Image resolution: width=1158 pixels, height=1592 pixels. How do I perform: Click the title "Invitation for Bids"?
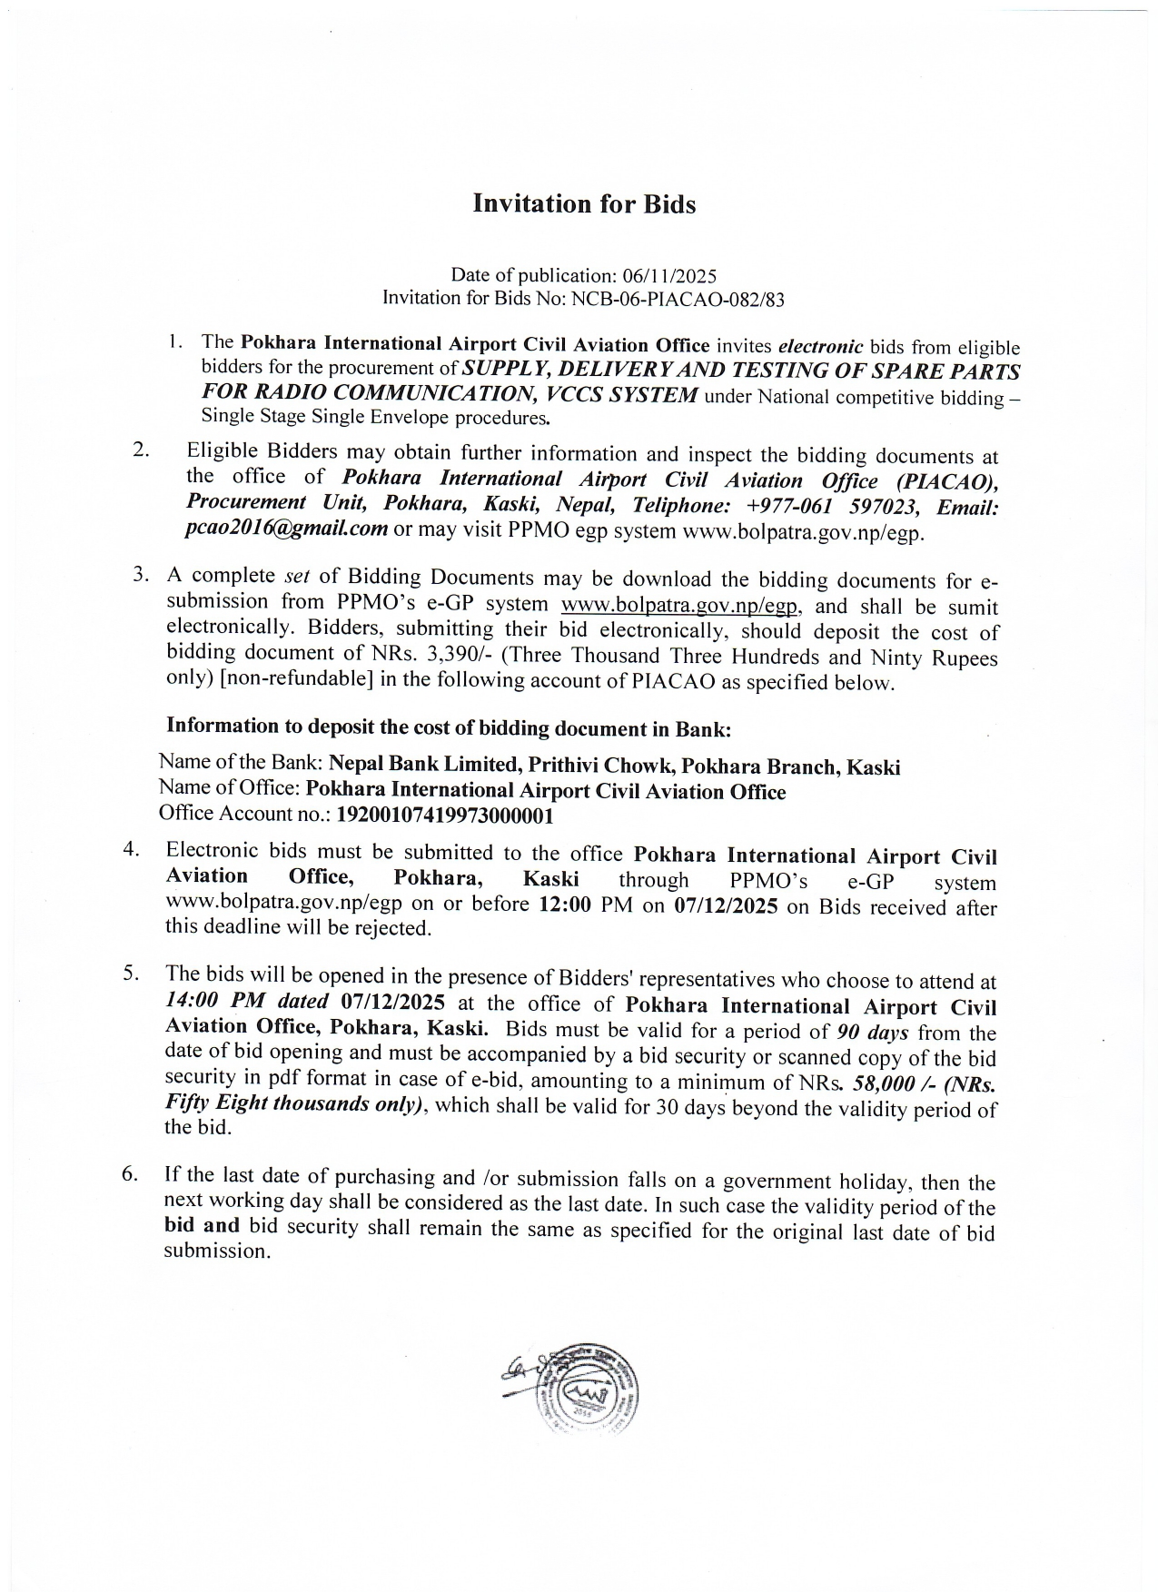click(584, 204)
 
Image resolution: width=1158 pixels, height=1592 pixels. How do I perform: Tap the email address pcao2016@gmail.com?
click(286, 529)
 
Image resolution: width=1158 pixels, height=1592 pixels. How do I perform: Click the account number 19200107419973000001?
click(445, 815)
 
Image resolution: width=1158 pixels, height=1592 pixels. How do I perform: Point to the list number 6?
click(131, 1174)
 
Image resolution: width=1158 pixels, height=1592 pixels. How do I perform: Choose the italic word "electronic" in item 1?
click(821, 346)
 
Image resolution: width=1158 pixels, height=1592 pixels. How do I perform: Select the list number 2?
click(141, 450)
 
